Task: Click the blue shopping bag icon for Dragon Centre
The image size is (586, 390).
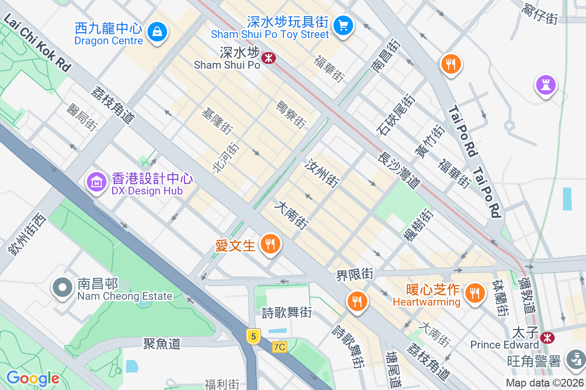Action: (x=157, y=32)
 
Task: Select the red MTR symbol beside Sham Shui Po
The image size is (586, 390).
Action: (x=268, y=58)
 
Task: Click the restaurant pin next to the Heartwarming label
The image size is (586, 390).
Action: (x=473, y=293)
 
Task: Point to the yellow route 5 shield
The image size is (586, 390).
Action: (x=252, y=336)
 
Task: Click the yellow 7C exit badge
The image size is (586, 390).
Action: (x=279, y=347)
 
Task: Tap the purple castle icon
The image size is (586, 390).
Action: (x=546, y=85)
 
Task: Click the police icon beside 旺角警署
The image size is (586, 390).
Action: (x=575, y=360)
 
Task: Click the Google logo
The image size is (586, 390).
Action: (x=33, y=378)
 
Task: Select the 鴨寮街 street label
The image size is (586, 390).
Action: (x=291, y=115)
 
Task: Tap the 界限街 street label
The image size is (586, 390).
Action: (x=355, y=274)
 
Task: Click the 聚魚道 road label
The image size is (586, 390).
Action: (x=162, y=344)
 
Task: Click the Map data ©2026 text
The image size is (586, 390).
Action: (x=544, y=383)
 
